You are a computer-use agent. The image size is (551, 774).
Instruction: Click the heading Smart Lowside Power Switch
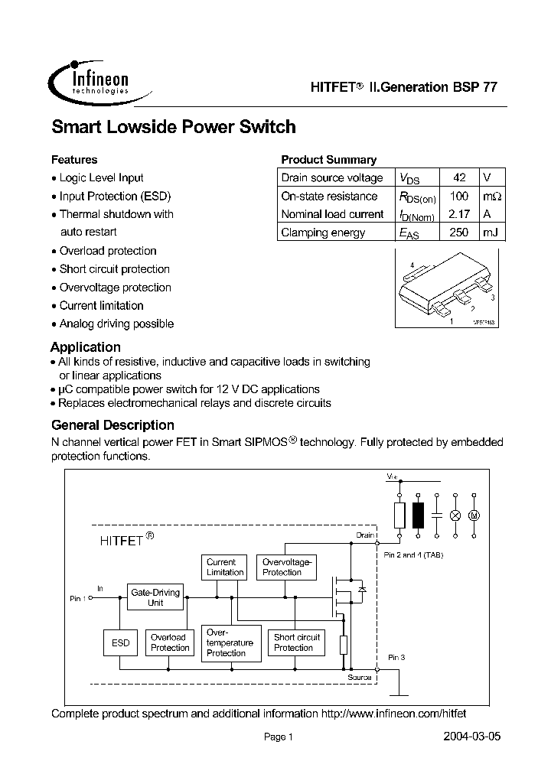coord(173,127)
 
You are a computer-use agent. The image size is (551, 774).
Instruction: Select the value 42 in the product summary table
coord(459,177)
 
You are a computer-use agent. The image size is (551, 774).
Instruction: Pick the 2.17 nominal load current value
coord(459,214)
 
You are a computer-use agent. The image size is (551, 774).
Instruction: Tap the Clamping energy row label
coord(323,233)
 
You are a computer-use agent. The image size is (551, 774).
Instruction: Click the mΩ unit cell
coord(493,196)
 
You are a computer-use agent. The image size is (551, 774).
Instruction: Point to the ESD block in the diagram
coord(121,643)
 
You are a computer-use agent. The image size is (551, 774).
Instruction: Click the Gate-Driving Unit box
coord(155,597)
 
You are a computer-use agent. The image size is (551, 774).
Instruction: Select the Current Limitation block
coord(225,567)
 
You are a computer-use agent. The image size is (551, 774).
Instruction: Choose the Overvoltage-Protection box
coord(282,567)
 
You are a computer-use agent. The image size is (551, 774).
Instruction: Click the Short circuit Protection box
coord(296,642)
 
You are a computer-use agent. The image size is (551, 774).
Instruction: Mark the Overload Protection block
coord(169,642)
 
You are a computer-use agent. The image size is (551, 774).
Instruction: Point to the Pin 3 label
coord(396,657)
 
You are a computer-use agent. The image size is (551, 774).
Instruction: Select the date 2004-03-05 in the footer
coord(472,737)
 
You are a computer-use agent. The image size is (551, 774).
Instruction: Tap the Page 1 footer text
coord(279,737)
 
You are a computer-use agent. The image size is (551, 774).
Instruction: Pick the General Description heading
coord(112,425)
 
